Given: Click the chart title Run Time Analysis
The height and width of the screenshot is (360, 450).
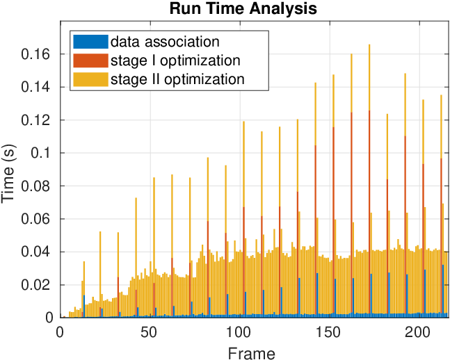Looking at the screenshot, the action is (243, 8).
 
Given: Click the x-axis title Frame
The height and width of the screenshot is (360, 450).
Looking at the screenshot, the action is (251, 352).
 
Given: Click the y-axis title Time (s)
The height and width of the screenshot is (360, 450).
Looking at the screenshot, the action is (8, 174).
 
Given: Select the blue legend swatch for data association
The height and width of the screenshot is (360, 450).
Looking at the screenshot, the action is (90, 42).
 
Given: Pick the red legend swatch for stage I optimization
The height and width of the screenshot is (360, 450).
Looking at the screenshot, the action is (90, 60).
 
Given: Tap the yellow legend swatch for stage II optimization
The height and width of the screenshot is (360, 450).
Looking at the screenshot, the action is (90, 79).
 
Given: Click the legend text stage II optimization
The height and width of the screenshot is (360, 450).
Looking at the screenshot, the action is (177, 79).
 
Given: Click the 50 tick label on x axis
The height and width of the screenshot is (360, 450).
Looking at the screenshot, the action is (149, 332).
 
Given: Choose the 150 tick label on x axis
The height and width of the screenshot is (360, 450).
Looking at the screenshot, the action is (328, 332).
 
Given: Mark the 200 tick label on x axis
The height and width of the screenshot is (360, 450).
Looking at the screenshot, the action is (418, 332).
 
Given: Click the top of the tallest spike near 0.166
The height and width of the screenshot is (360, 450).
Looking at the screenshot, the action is (369, 44).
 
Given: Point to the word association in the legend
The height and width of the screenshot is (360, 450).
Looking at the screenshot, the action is (182, 42).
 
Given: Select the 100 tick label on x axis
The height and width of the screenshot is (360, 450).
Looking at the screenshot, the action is (239, 332).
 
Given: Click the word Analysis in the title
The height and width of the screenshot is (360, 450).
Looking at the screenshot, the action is (283, 9).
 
